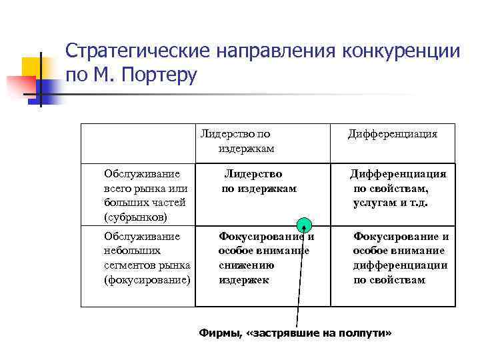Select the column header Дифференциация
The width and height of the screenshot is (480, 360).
point(392,134)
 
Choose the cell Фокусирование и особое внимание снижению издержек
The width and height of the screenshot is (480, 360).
point(265,258)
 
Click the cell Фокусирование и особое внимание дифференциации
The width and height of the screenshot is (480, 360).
point(400,258)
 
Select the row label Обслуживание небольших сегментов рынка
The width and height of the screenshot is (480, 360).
point(147,258)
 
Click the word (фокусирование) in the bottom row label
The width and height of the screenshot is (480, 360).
point(147,280)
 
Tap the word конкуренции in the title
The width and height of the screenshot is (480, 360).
point(398,52)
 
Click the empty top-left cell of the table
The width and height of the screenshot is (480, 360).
point(138,143)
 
